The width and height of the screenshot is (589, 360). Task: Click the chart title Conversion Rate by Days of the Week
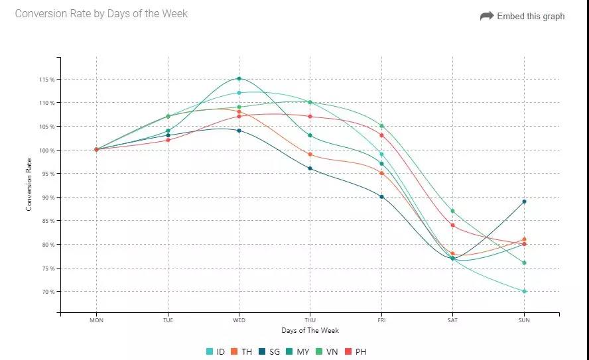click(x=101, y=13)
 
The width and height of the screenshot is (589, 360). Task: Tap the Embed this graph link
click(x=523, y=16)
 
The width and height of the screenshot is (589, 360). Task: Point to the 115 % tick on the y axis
click(x=46, y=80)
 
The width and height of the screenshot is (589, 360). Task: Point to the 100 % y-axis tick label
click(x=46, y=150)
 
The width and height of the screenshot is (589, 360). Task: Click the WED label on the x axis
click(x=239, y=320)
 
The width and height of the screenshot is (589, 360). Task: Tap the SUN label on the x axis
click(x=524, y=320)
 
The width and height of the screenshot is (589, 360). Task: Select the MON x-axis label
click(x=97, y=320)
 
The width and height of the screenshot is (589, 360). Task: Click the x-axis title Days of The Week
click(x=310, y=330)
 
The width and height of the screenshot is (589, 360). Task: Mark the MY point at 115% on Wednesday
click(x=239, y=79)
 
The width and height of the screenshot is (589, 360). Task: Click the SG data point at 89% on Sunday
click(x=524, y=202)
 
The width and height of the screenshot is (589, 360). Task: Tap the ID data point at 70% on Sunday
click(x=524, y=291)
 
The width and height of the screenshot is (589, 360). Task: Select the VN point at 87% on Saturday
click(x=452, y=211)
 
